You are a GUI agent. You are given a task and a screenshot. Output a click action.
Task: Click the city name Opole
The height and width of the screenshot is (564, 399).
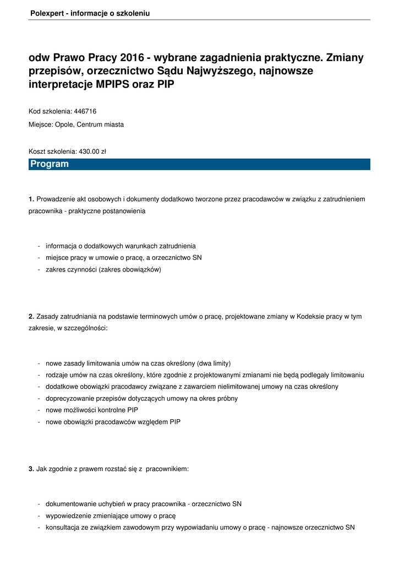click(x=64, y=124)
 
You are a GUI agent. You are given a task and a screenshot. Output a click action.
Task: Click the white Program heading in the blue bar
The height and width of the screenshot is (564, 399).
click(x=50, y=164)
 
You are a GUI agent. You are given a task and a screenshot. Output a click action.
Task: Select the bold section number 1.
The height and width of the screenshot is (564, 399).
click(x=31, y=198)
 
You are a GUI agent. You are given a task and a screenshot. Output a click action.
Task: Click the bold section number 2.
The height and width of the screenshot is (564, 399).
click(x=31, y=317)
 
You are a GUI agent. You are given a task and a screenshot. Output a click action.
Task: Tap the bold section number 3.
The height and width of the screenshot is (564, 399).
click(x=31, y=469)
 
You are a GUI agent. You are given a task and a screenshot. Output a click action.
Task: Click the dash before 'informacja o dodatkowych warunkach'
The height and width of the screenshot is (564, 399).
click(x=39, y=246)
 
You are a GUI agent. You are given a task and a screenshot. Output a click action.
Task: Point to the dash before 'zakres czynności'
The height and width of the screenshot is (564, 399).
click(x=39, y=270)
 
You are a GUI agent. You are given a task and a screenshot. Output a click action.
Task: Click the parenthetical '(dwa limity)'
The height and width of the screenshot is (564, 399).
click(x=214, y=363)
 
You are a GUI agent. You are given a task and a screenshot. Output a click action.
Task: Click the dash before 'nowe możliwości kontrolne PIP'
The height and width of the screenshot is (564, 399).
click(x=39, y=410)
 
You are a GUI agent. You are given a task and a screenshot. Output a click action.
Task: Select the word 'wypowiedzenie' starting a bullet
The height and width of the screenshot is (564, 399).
click(x=67, y=516)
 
